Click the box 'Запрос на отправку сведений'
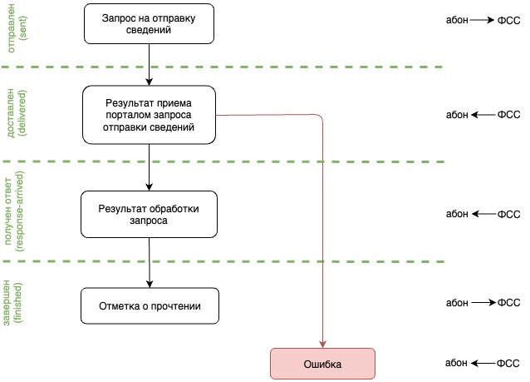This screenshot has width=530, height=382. click(x=150, y=23)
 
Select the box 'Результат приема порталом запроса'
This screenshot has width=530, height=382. click(x=150, y=116)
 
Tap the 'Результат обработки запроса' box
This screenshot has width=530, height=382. click(x=150, y=213)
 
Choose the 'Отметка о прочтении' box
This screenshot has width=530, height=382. click(x=150, y=306)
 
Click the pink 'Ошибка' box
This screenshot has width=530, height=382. click(x=323, y=364)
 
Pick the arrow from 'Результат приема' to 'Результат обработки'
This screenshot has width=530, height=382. click(x=150, y=166)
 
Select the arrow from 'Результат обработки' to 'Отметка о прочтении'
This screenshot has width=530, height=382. click(x=150, y=261)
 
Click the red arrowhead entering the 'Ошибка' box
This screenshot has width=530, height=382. click(x=322, y=343)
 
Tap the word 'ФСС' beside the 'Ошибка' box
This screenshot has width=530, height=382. click(x=508, y=364)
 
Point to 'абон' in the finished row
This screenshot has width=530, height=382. click(x=457, y=303)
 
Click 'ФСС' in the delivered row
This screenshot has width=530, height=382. click(x=508, y=115)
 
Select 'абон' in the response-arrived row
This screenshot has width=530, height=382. click(x=457, y=214)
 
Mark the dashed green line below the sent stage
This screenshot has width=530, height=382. click(x=224, y=67)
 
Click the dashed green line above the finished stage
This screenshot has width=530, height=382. click(x=224, y=261)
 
